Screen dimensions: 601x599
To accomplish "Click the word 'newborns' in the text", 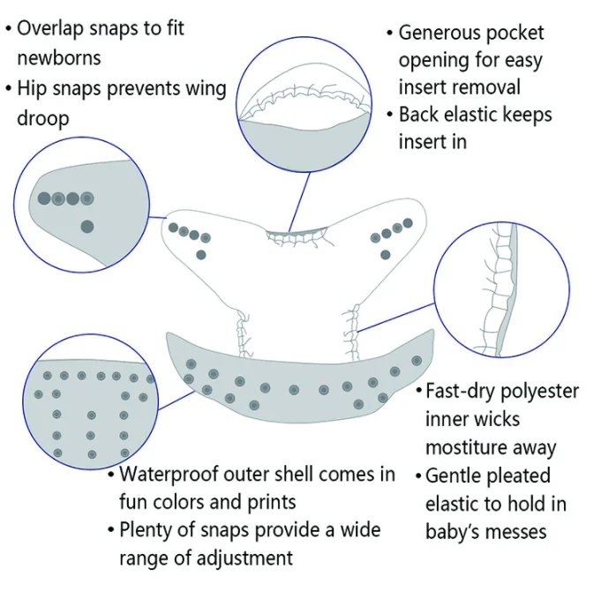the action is (58, 58).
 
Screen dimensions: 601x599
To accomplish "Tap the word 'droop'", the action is (43, 117).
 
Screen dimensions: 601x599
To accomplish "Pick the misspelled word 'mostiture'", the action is (469, 447).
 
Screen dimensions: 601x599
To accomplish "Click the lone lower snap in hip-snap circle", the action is (86, 227).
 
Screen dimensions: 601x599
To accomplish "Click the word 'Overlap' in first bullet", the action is (54, 28).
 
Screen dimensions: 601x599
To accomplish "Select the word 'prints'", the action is (265, 502).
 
